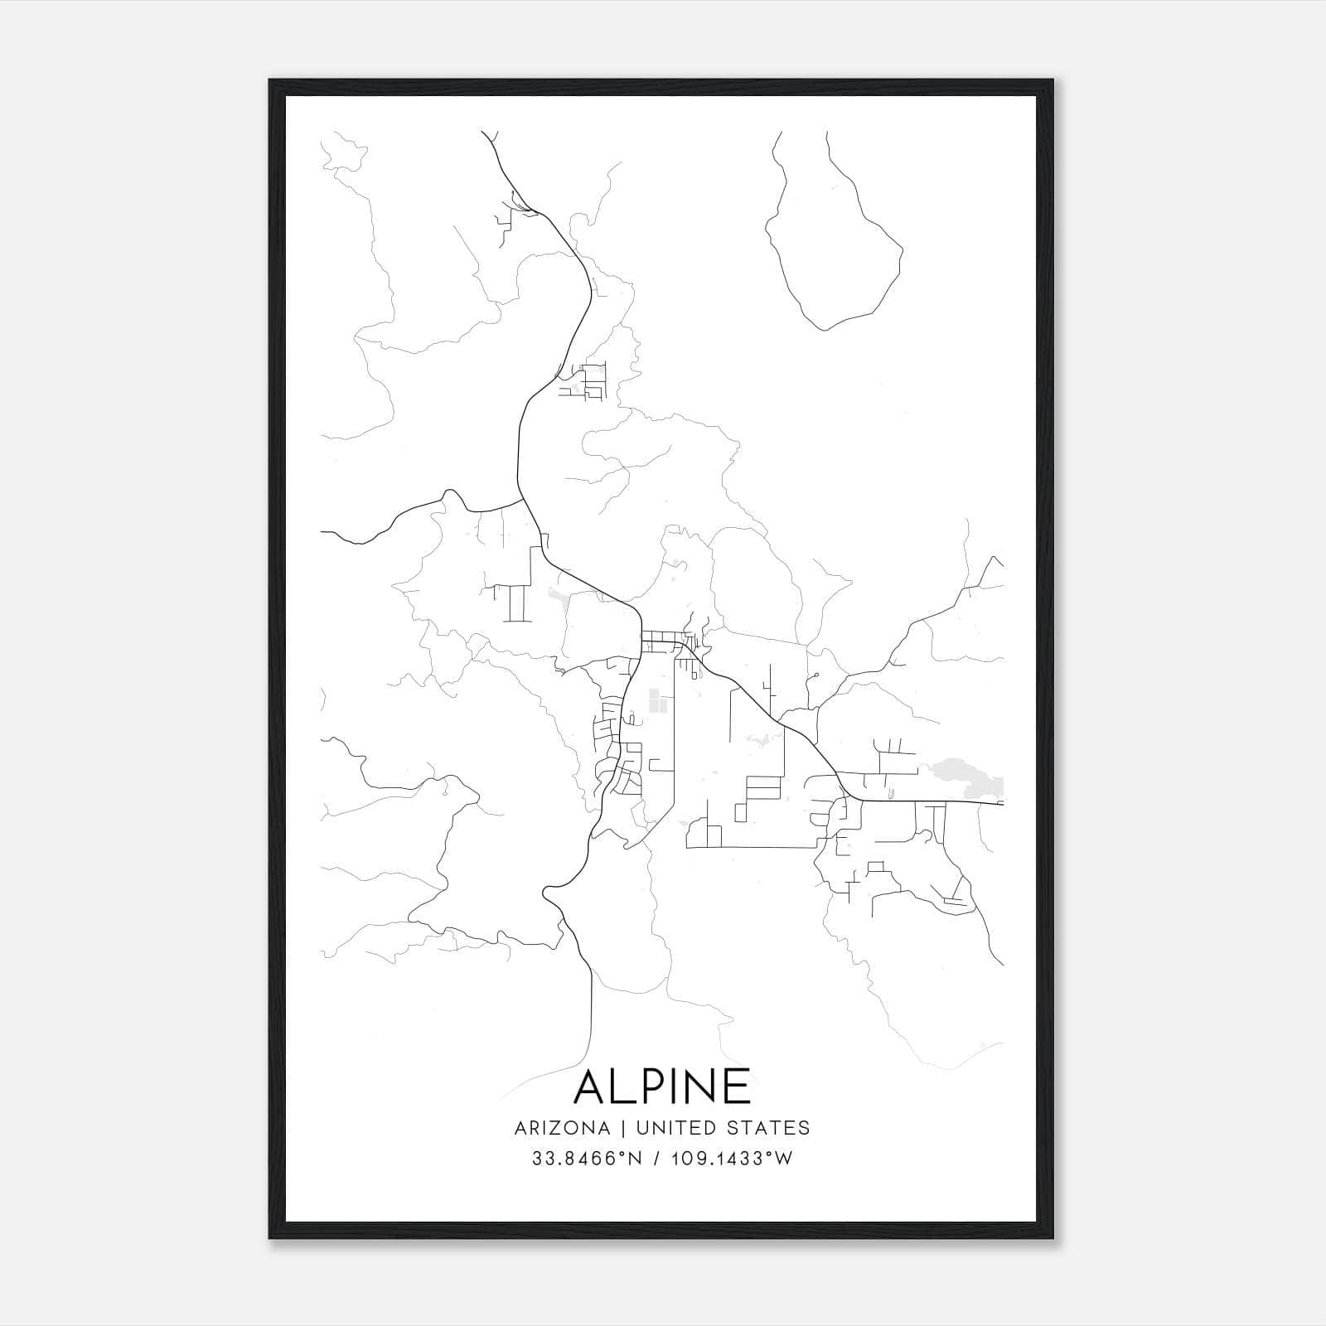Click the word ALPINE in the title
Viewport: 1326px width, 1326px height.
[x=662, y=1086]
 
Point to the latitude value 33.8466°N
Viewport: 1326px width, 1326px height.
[x=588, y=1159]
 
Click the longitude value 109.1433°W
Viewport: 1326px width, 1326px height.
[x=732, y=1159]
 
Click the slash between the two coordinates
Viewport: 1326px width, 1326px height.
[x=657, y=1159]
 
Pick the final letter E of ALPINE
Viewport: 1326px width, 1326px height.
[x=735, y=1086]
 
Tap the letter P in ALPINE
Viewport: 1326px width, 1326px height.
[x=651, y=1086]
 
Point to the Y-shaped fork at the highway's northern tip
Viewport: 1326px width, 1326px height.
[x=489, y=138]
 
